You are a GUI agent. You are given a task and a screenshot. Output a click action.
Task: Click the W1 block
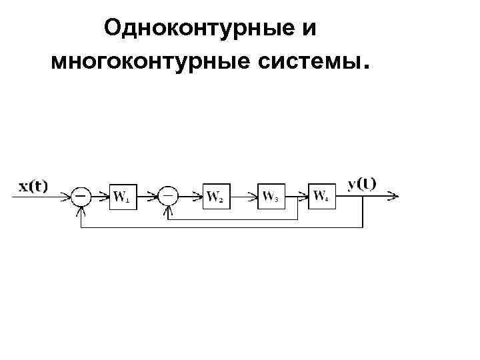click(x=121, y=196)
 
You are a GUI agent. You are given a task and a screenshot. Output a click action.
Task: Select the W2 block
click(x=215, y=196)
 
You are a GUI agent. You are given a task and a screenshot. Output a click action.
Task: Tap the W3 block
click(x=271, y=196)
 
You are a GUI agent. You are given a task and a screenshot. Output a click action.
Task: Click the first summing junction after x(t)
click(x=81, y=196)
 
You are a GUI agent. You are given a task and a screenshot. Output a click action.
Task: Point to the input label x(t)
click(x=33, y=186)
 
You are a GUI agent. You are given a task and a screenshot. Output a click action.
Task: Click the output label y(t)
click(x=361, y=183)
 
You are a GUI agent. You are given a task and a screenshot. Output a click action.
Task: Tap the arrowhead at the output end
click(x=395, y=196)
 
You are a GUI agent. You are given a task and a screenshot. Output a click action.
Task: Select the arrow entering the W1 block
click(x=101, y=196)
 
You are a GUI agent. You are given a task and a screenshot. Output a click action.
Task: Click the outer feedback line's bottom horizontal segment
click(x=220, y=228)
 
